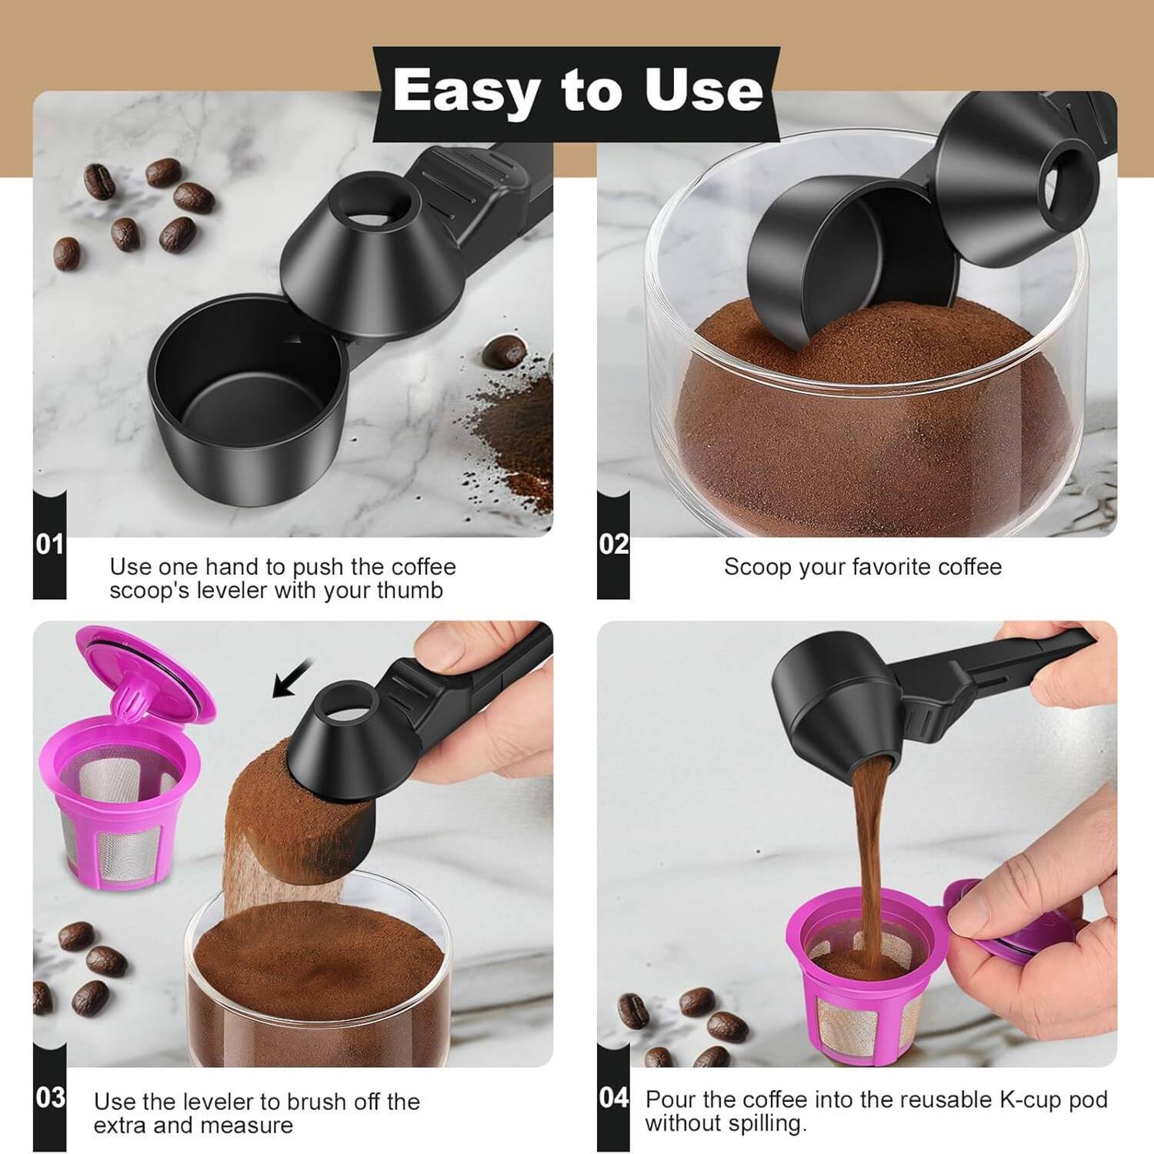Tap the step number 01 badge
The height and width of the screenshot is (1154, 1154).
pyautogui.click(x=49, y=545)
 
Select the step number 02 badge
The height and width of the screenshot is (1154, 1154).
pyautogui.click(x=614, y=545)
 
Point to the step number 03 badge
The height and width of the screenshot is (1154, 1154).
pyautogui.click(x=49, y=1097)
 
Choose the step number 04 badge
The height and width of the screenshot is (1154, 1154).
pyautogui.click(x=614, y=1097)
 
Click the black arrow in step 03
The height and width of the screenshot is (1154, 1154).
pyautogui.click(x=292, y=677)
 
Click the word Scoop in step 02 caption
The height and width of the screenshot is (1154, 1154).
pyautogui.click(x=757, y=567)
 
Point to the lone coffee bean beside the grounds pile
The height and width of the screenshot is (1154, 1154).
pyautogui.click(x=504, y=352)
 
